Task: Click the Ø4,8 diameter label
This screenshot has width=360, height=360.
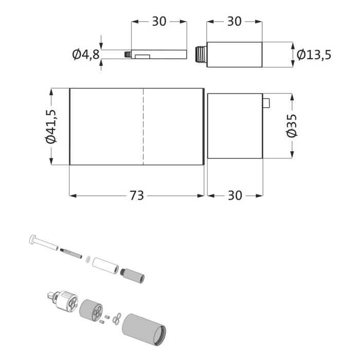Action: [85, 54]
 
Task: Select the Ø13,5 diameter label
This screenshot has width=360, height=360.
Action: [313, 54]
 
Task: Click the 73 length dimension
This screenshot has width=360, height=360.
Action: [136, 195]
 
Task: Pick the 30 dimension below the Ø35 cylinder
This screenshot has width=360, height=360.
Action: [235, 195]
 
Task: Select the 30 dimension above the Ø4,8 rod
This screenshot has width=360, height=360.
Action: [159, 22]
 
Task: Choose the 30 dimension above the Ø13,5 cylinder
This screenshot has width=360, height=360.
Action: [235, 22]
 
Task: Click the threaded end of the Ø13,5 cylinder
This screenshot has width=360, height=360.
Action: [201, 54]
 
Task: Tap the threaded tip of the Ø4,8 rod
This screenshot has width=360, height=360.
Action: [127, 53]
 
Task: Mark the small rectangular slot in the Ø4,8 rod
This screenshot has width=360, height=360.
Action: [142, 55]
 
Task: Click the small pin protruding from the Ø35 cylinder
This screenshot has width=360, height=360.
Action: [266, 103]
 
